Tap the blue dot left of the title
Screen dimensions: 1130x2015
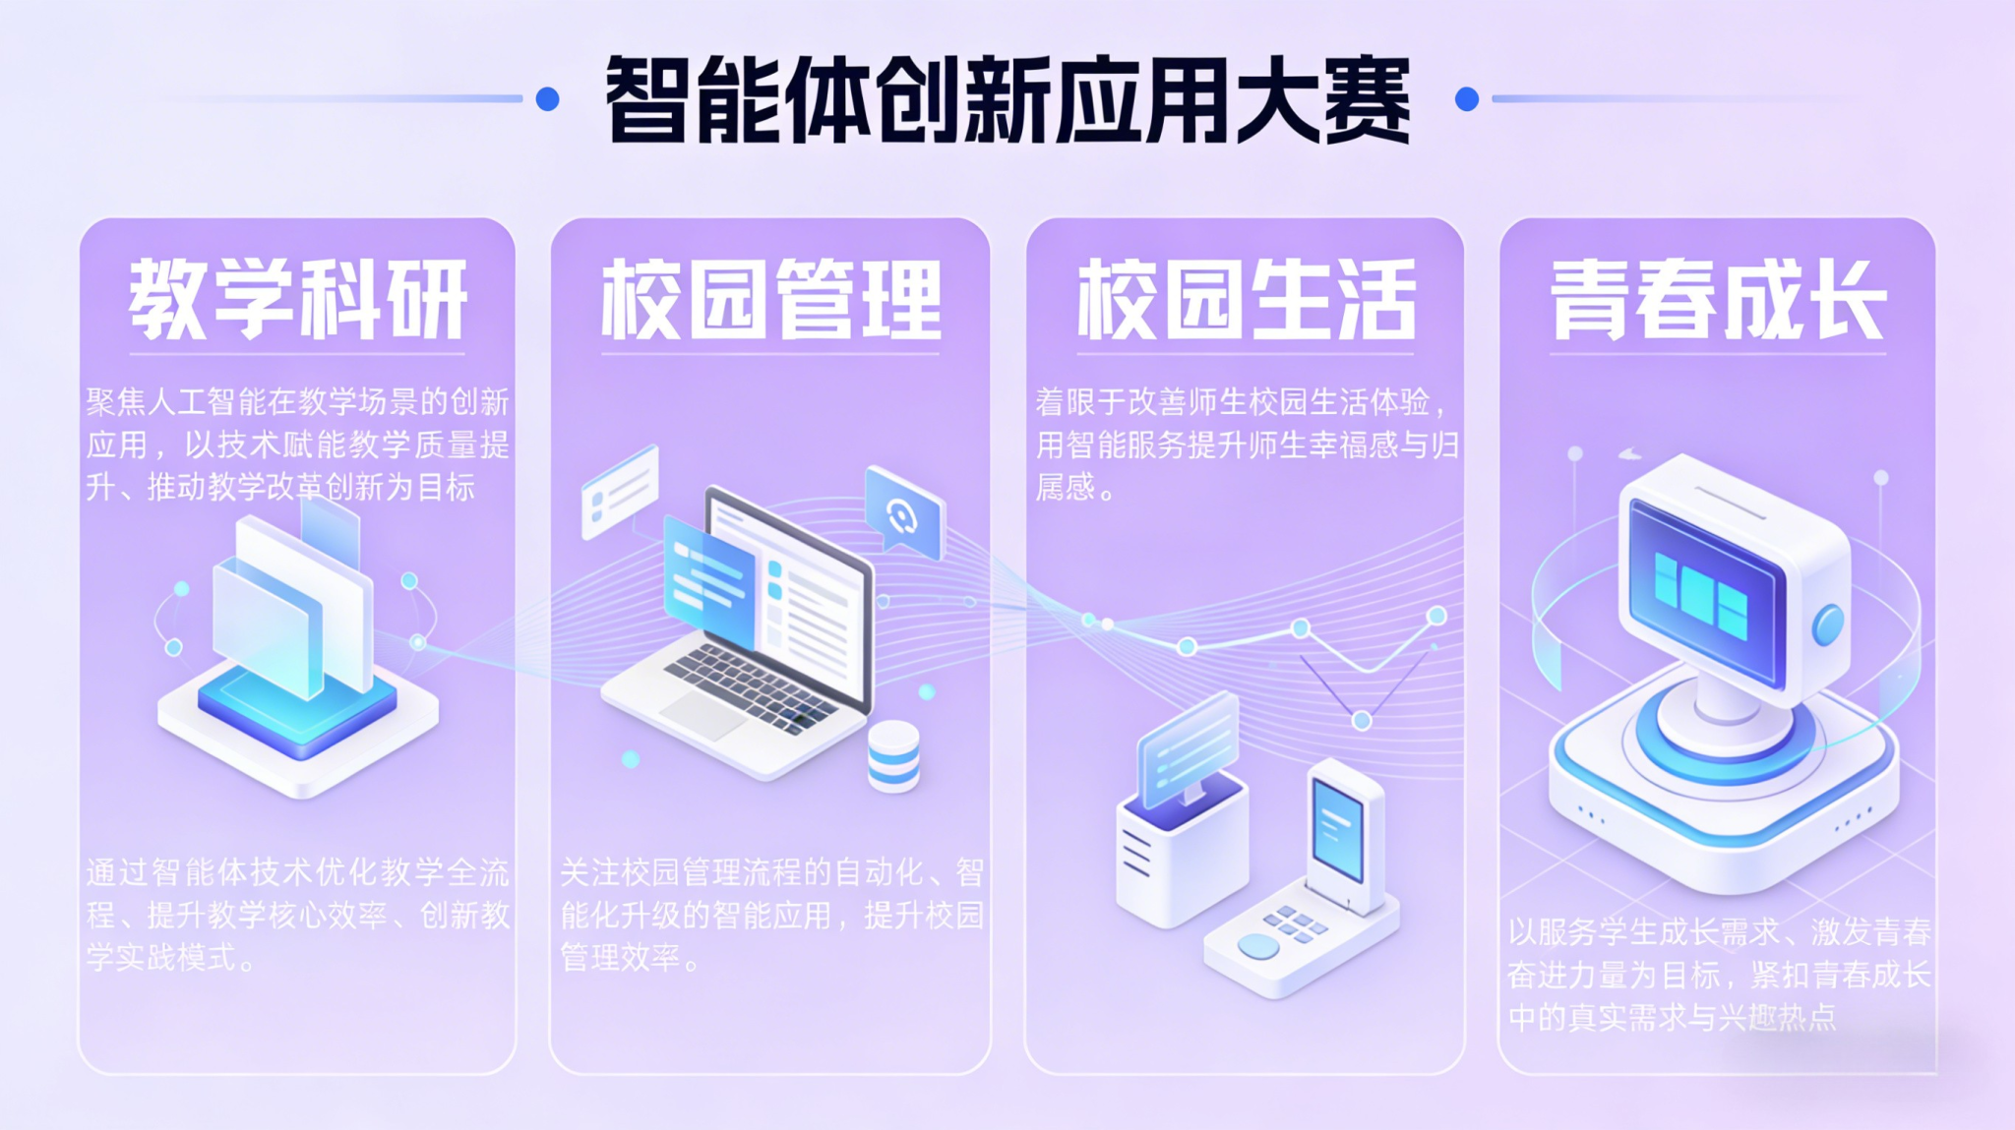pyautogui.click(x=548, y=98)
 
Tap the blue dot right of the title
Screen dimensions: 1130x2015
pyautogui.click(x=1466, y=98)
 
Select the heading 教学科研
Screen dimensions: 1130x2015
pyautogui.click(x=297, y=300)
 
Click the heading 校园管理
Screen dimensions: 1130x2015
pyautogui.click(x=770, y=300)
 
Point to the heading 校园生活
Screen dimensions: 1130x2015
pyautogui.click(x=1246, y=300)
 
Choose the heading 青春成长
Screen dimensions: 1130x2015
pyautogui.click(x=1718, y=300)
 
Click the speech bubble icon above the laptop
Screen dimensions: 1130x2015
pyautogui.click(x=903, y=512)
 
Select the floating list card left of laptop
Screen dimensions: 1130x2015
pyautogui.click(x=620, y=491)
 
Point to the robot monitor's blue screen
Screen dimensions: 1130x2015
pyautogui.click(x=1704, y=590)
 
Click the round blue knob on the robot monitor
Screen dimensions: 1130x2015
pyautogui.click(x=1828, y=624)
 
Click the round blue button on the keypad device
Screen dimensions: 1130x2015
pyautogui.click(x=1258, y=945)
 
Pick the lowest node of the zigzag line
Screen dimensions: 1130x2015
pyautogui.click(x=1362, y=721)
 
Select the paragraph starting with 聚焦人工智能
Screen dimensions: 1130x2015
pyautogui.click(x=297, y=445)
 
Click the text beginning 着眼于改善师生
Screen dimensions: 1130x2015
pyautogui.click(x=1246, y=445)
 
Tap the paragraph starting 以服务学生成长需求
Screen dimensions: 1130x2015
pyautogui.click(x=1718, y=975)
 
